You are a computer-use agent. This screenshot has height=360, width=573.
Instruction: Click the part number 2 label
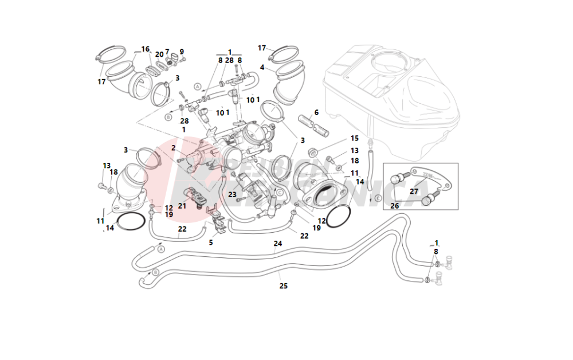pyautogui.click(x=173, y=147)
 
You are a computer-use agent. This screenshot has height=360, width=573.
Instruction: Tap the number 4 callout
pyautogui.click(x=262, y=67)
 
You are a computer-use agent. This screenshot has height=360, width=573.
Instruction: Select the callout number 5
pyautogui.click(x=210, y=242)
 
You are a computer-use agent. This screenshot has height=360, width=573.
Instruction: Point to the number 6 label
pyautogui.click(x=316, y=112)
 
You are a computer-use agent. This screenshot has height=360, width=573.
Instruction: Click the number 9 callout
pyautogui.click(x=182, y=52)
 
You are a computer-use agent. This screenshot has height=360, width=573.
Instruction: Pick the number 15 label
pyautogui.click(x=354, y=138)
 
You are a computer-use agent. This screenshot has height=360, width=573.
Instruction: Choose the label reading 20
pyautogui.click(x=159, y=54)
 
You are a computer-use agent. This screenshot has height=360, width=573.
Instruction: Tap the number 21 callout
pyautogui.click(x=182, y=205)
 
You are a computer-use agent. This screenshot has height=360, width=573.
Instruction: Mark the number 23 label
pyautogui.click(x=232, y=194)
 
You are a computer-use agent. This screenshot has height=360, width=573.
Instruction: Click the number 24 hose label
pyautogui.click(x=278, y=244)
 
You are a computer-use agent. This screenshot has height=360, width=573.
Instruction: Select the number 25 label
pyautogui.click(x=283, y=285)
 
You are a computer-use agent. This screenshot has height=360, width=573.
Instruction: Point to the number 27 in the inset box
pyautogui.click(x=414, y=191)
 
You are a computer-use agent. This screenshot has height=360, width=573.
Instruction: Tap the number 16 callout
pyautogui.click(x=145, y=49)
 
